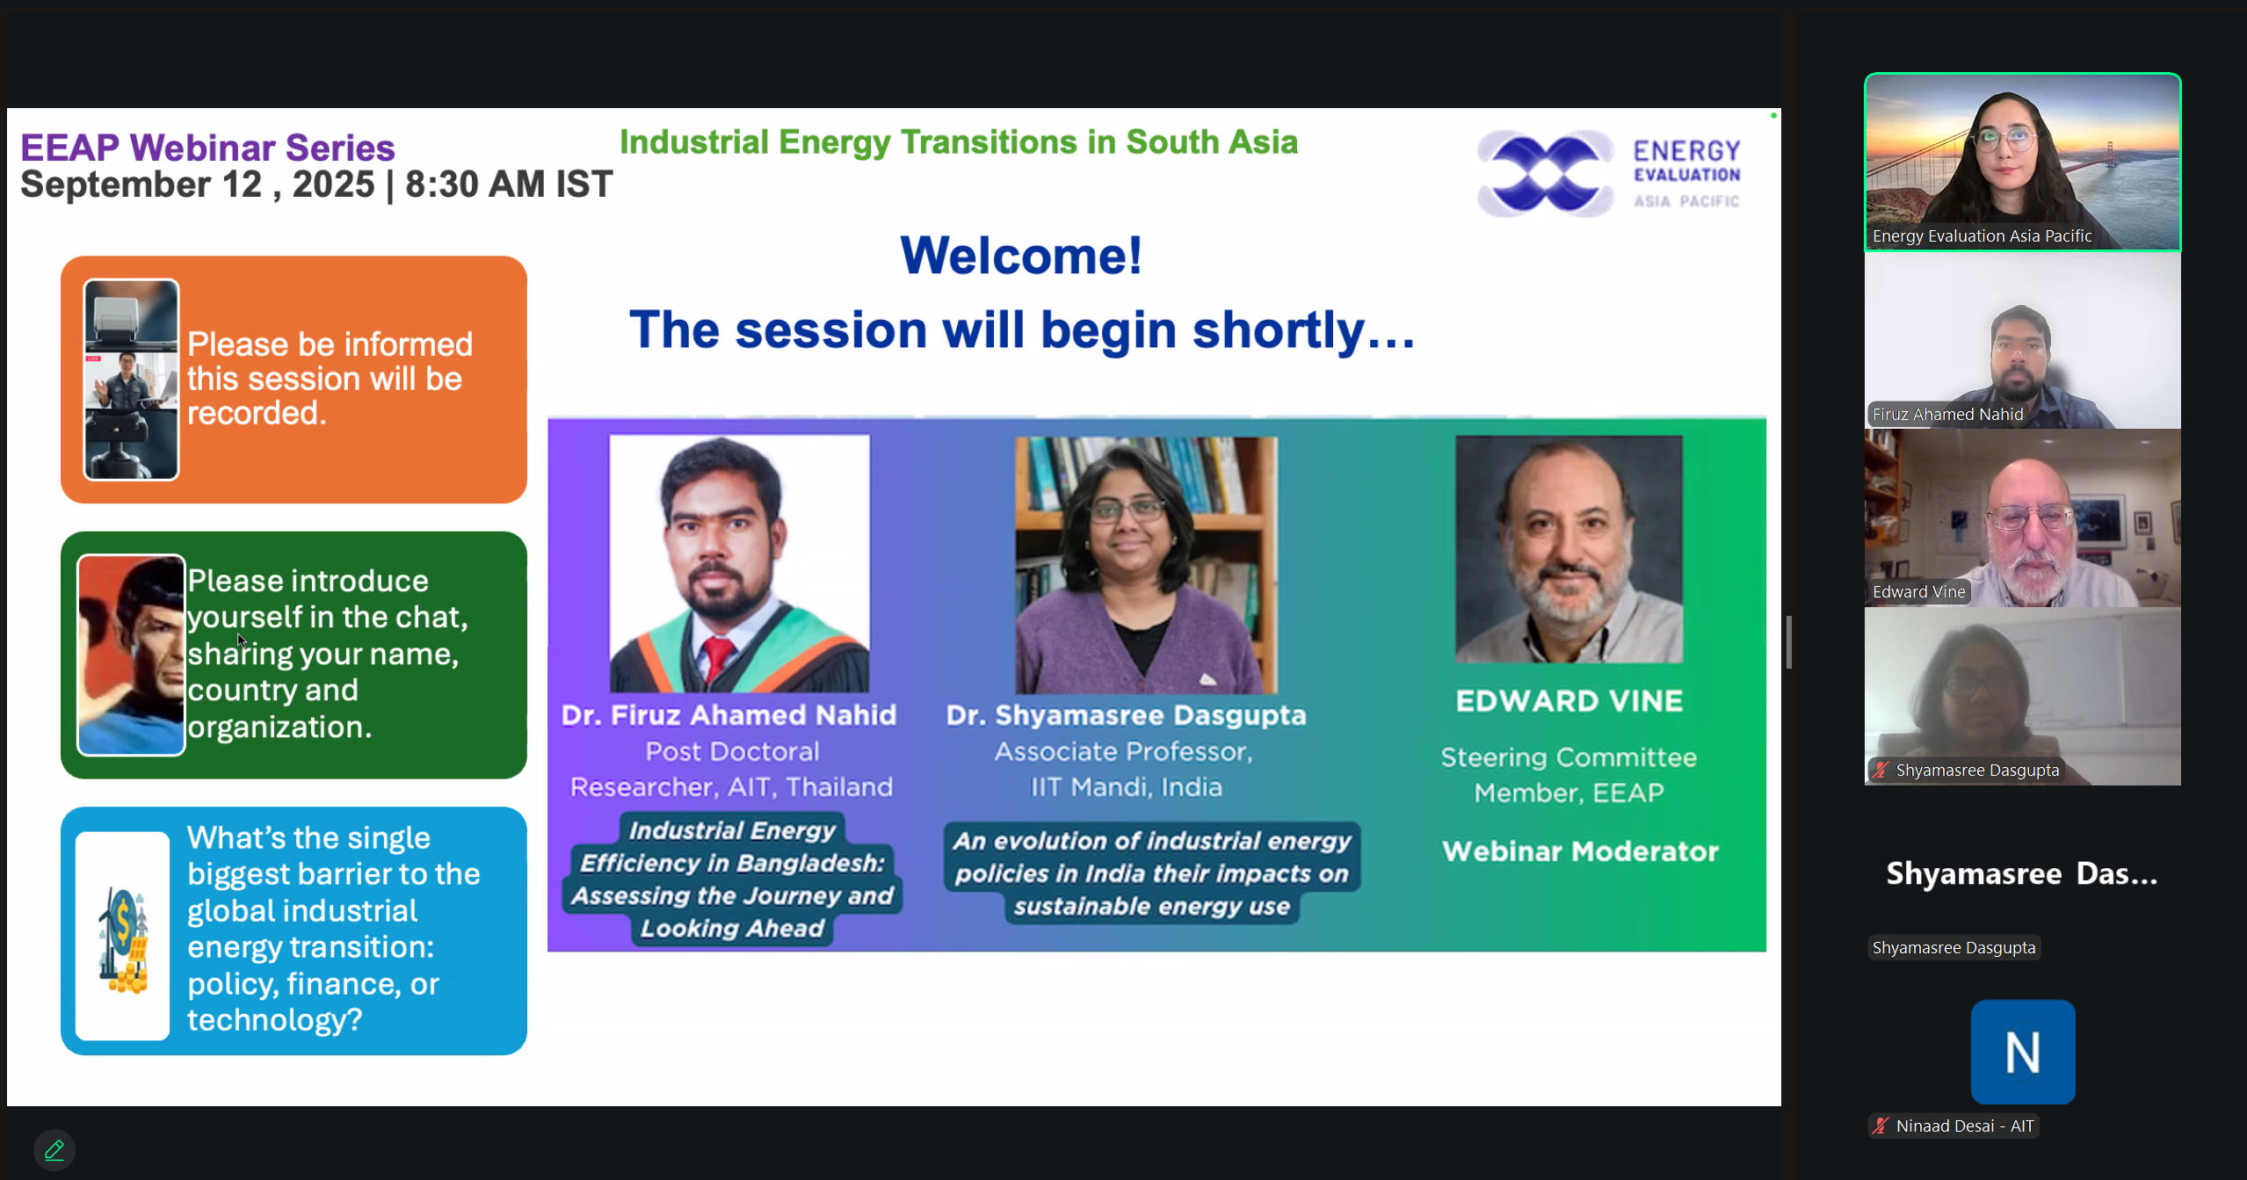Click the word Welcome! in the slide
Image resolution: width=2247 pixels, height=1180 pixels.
(x=1020, y=256)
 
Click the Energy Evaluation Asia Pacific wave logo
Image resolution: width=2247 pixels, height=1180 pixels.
(x=1545, y=174)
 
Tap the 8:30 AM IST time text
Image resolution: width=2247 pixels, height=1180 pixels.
(x=508, y=185)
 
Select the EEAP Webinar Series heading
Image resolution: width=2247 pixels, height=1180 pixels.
(x=207, y=148)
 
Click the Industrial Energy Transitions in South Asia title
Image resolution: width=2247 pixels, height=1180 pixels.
(x=958, y=141)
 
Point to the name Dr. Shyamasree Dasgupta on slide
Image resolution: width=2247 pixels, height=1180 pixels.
(x=1126, y=715)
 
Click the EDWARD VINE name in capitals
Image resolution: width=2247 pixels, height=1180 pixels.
(x=1569, y=701)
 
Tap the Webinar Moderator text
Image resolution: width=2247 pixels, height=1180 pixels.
(x=1579, y=851)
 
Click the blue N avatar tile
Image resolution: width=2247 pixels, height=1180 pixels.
(x=2022, y=1052)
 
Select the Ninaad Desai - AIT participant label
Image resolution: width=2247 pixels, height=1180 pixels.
(x=1963, y=1126)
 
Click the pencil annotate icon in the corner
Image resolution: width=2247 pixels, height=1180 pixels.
(x=54, y=1149)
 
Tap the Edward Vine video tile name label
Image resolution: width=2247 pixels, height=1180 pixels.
(x=1918, y=592)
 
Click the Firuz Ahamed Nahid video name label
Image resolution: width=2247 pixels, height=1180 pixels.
(x=1946, y=415)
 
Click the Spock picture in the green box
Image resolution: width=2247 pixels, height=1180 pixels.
(x=131, y=655)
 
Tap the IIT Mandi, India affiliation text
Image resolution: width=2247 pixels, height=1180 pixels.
(x=1126, y=786)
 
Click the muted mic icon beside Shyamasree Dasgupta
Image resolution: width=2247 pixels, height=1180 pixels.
(x=1880, y=771)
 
